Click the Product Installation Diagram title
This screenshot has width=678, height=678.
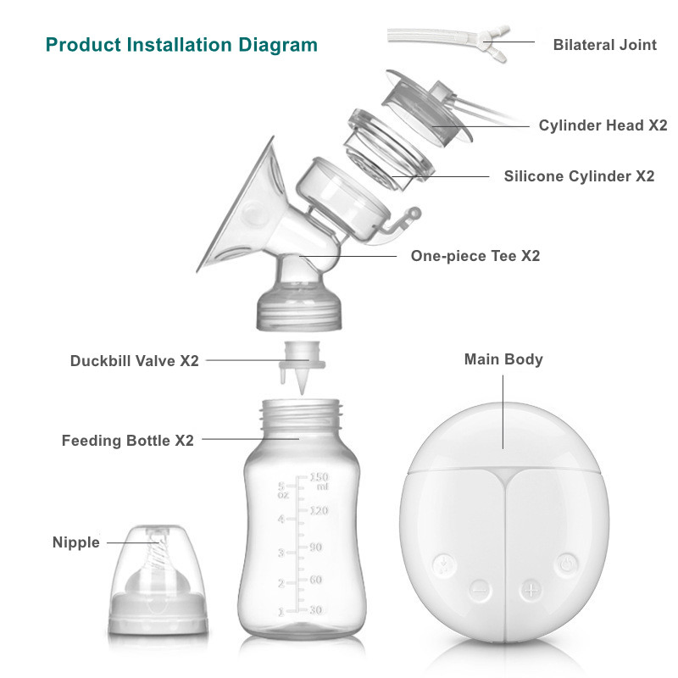tap(181, 44)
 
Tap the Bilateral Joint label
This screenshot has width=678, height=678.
tap(604, 45)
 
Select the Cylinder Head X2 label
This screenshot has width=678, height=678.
tap(603, 125)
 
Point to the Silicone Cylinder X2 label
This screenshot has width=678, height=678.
tap(579, 176)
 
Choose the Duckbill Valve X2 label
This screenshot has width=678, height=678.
tap(134, 360)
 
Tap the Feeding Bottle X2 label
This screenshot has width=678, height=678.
tap(127, 441)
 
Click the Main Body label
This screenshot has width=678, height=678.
tap(503, 359)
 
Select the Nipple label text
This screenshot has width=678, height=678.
tap(75, 542)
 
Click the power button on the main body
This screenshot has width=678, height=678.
tap(567, 562)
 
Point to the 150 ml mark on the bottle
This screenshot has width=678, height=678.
tap(319, 481)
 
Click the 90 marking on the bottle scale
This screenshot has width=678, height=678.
tap(314, 547)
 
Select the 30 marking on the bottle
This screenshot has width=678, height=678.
tap(314, 610)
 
